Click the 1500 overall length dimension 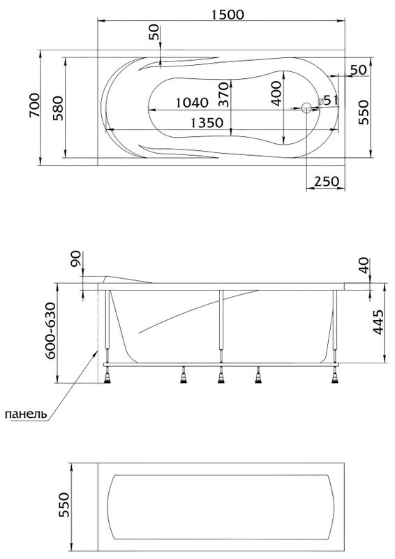coord(228,15)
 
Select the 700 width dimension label coord(35,106)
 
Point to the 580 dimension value coord(58,108)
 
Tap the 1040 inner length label coord(192,103)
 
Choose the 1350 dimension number coord(207,123)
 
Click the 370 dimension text coord(223,94)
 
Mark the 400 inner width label coord(276,94)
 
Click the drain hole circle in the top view coord(306,108)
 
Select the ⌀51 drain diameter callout coord(327,100)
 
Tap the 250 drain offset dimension coord(327,182)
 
